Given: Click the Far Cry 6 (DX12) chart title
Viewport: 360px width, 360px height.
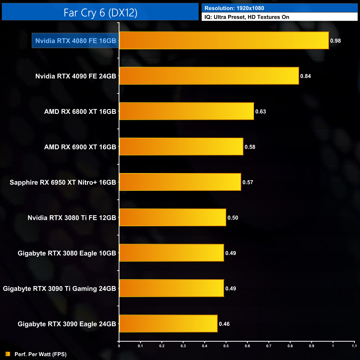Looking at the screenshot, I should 100,13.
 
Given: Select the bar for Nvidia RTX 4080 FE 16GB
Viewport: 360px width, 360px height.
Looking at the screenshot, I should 224,40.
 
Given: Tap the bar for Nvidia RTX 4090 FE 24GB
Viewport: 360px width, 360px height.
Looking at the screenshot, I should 209,76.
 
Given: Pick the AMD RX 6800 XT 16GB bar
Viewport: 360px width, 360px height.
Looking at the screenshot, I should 186,111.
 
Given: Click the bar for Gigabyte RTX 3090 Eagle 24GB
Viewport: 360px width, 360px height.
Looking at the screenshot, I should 168,324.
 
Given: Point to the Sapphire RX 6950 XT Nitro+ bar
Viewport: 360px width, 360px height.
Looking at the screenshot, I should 180,182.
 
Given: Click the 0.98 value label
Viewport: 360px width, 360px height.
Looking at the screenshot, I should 335,41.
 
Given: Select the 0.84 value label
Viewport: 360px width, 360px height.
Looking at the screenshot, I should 305,76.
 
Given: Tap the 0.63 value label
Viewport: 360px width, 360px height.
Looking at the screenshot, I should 261,112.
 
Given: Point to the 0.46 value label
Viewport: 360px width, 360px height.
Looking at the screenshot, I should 224,324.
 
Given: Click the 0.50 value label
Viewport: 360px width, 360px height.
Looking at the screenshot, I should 233,218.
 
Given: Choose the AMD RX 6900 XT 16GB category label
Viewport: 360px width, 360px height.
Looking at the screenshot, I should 80,147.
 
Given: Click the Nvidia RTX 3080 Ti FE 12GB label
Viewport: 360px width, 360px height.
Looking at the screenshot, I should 72,218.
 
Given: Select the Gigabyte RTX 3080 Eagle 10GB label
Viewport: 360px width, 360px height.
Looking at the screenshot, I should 67,253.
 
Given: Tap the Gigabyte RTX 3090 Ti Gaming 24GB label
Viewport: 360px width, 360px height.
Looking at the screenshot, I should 59,289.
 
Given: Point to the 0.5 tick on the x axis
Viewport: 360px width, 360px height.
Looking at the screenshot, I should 226,346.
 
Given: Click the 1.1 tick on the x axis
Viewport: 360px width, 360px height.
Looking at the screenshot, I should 354,346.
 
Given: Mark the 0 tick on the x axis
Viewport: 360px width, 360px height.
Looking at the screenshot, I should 119,346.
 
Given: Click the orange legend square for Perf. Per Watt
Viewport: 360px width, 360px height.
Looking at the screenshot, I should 8,354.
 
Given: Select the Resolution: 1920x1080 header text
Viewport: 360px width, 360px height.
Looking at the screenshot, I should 234,8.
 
